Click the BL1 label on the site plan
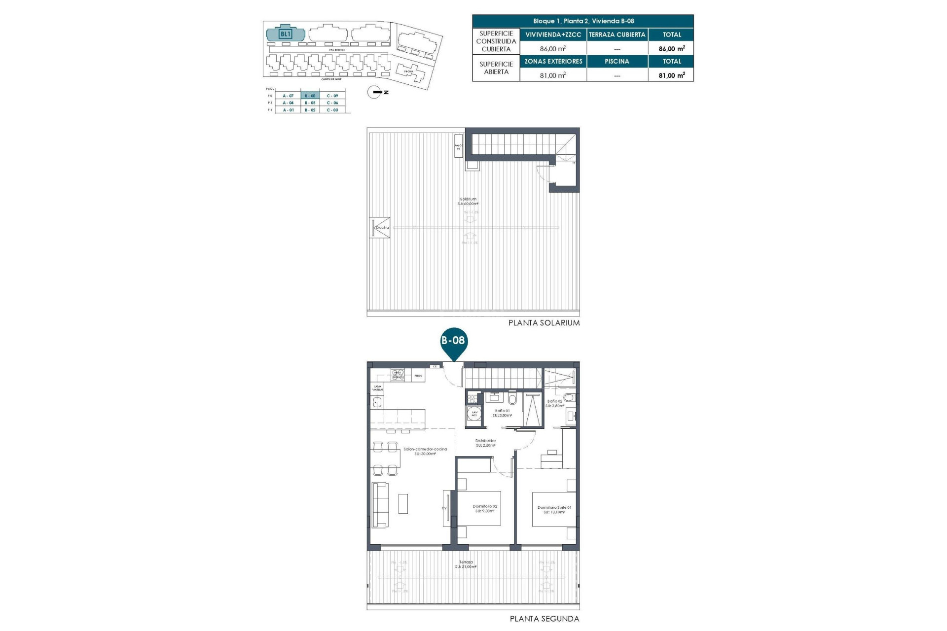point(286,34)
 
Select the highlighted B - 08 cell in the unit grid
point(310,96)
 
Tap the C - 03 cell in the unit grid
point(332,110)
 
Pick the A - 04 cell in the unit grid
point(288,103)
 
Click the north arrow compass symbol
point(374,92)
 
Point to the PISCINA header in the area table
point(617,62)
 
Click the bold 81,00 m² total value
point(671,75)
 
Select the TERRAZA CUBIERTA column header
point(617,35)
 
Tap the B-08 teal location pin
point(453,342)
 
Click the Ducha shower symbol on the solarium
point(380,228)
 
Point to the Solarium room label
point(468,199)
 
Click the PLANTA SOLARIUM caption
point(544,323)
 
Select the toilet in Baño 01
point(512,398)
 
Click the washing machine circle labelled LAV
point(474,414)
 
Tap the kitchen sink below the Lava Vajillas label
point(377,402)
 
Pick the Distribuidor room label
point(485,441)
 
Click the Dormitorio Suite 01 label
point(554,507)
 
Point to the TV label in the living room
point(444,508)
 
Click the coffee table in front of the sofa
point(403,503)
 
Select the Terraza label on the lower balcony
point(466,562)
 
